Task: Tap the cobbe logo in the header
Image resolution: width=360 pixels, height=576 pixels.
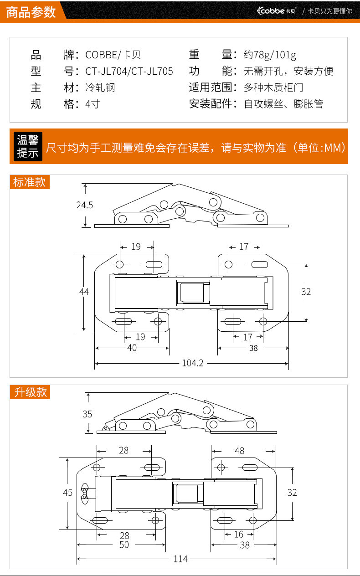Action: pyautogui.click(x=277, y=10)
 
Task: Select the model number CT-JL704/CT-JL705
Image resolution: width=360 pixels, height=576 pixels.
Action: pyautogui.click(x=129, y=71)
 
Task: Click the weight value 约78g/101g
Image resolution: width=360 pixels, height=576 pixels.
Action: pyautogui.click(x=270, y=55)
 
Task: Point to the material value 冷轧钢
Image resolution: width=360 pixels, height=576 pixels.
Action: pyautogui.click(x=100, y=87)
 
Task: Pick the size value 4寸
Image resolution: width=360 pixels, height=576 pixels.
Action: pyautogui.click(x=93, y=104)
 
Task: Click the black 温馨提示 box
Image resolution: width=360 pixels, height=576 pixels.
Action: pyautogui.click(x=27, y=146)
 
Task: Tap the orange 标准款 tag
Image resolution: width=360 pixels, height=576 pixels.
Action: pyautogui.click(x=30, y=182)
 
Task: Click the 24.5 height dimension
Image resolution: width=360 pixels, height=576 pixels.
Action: pyautogui.click(x=84, y=205)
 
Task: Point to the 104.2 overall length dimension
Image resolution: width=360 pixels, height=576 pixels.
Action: pyautogui.click(x=192, y=363)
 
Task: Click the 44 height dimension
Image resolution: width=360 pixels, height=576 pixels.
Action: pyautogui.click(x=84, y=292)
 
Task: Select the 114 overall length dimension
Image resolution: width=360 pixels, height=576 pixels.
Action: pyautogui.click(x=180, y=559)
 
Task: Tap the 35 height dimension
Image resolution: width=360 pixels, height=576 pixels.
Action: pyautogui.click(x=87, y=414)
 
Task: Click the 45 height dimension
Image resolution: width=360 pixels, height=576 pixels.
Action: pyautogui.click(x=67, y=493)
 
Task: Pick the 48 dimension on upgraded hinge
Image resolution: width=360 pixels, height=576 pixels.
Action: pyautogui.click(x=239, y=451)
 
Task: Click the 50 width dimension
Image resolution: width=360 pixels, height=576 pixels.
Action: pyautogui.click(x=124, y=545)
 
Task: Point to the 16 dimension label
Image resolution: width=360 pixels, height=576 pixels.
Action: pyautogui.click(x=239, y=535)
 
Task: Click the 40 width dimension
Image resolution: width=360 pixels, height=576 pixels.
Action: pyautogui.click(x=132, y=348)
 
